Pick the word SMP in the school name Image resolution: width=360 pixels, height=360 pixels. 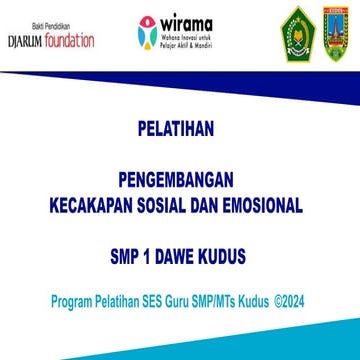click(126, 255)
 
